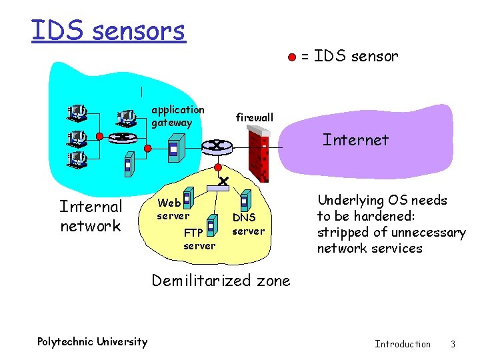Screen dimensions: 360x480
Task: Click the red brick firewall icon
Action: [257, 155]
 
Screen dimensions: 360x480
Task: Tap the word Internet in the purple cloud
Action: [355, 140]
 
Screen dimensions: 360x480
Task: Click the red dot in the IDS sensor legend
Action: [291, 57]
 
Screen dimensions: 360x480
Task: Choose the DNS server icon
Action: [245, 200]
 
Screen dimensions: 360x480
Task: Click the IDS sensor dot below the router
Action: [217, 167]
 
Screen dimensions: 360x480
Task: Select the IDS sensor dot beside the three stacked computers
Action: [100, 136]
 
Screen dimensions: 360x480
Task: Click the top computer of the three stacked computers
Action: [76, 112]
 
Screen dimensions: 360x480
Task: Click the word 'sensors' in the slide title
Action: [139, 30]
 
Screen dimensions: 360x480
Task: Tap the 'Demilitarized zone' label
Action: [221, 281]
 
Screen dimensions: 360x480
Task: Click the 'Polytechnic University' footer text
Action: [92, 342]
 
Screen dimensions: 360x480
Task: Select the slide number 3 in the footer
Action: [453, 344]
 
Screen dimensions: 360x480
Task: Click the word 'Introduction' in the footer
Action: [403, 344]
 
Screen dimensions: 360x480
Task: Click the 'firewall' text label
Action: [254, 118]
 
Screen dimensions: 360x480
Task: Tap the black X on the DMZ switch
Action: [223, 181]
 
